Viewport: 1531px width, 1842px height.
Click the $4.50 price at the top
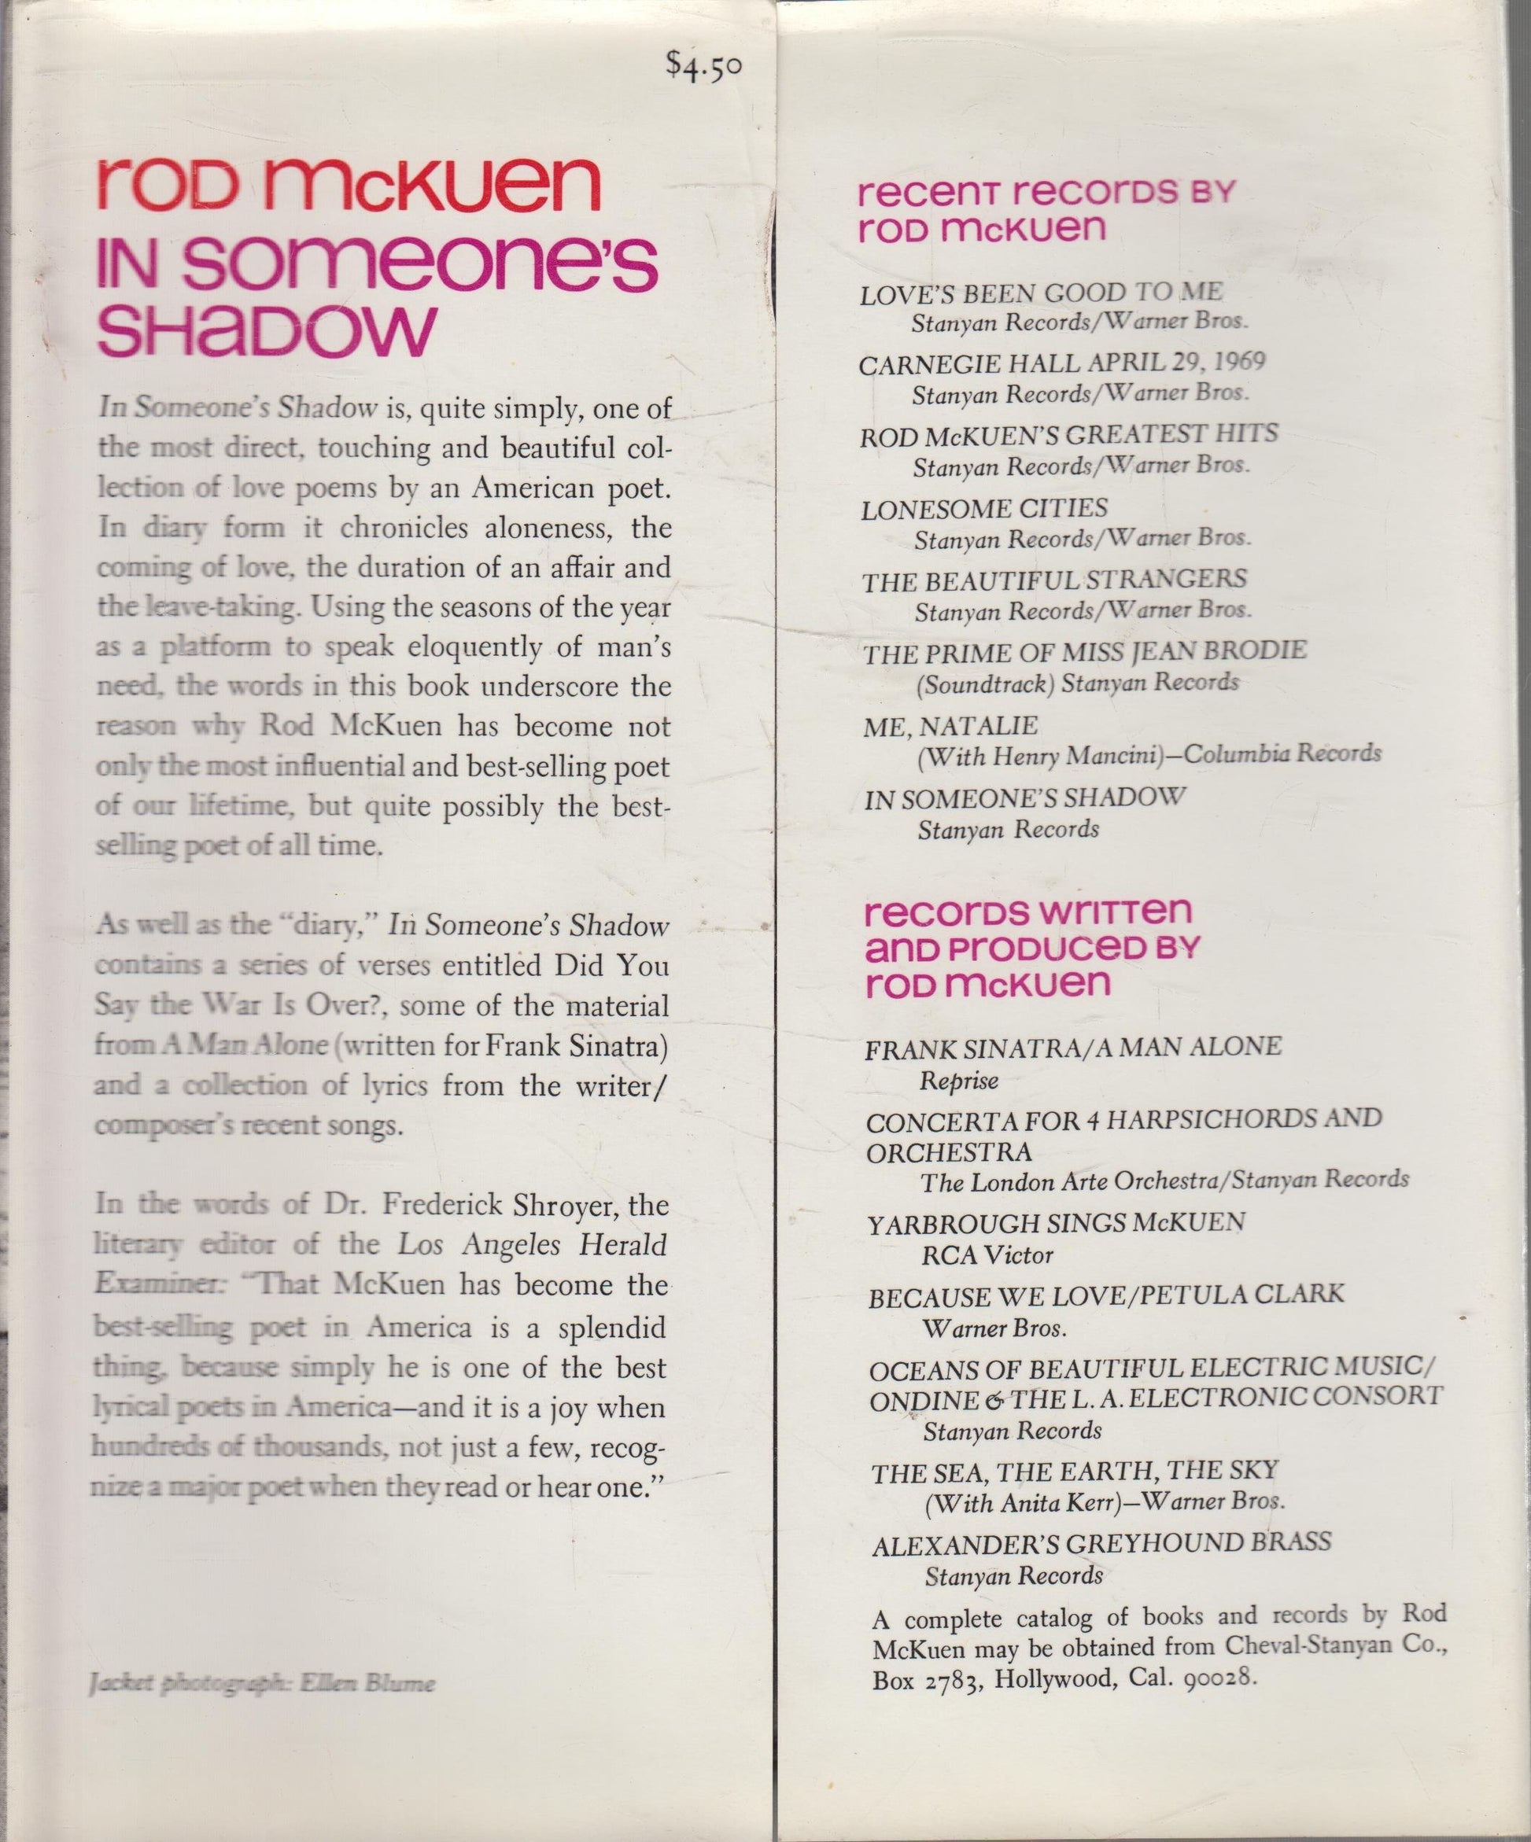[703, 68]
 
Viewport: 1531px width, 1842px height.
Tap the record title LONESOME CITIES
[983, 509]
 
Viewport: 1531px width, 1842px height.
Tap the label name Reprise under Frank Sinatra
[959, 1081]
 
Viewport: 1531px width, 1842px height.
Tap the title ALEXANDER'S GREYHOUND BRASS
[1101, 1543]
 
